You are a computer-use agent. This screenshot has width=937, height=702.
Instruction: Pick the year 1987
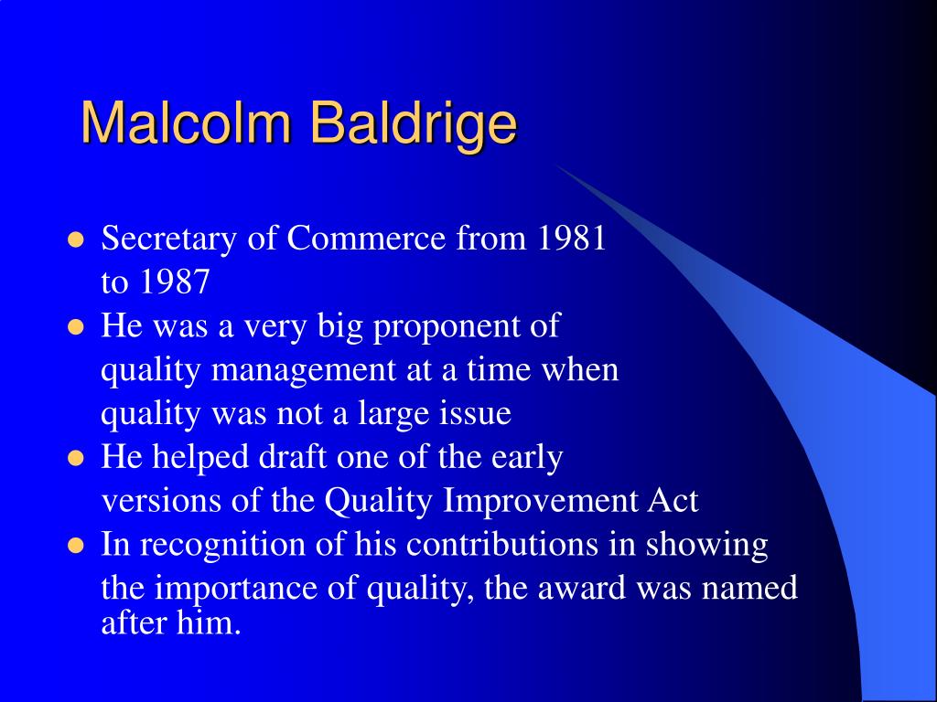tap(175, 283)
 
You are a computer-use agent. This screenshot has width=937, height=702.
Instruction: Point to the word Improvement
tap(547, 501)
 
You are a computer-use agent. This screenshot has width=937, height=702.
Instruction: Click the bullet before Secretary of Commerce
tap(77, 240)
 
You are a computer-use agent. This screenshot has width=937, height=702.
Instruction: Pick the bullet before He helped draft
tap(77, 458)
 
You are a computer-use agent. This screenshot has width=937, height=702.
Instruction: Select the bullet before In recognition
tap(77, 546)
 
